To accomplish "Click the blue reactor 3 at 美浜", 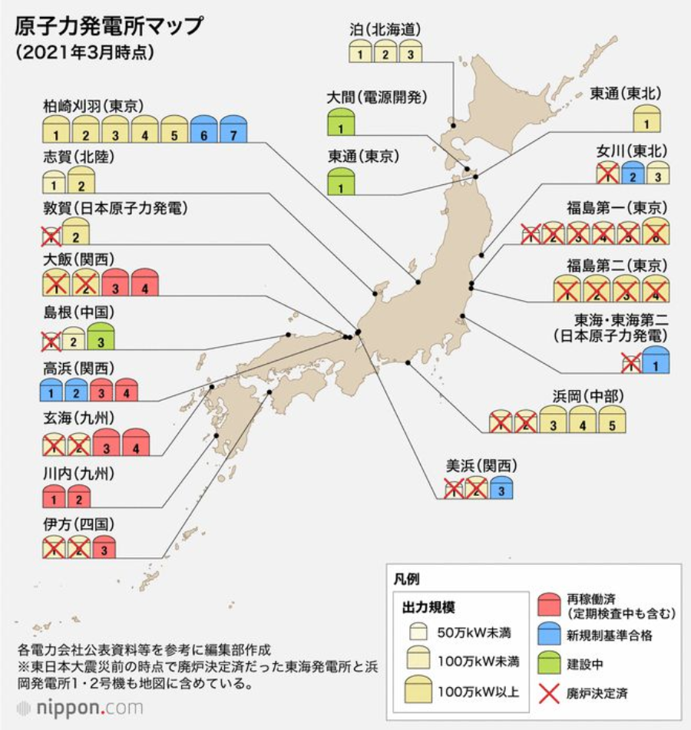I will point(501,487).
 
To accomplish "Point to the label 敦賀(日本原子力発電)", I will point(116,208).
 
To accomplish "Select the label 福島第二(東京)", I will point(617,265).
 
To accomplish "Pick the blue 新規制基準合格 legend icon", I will point(548,635).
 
